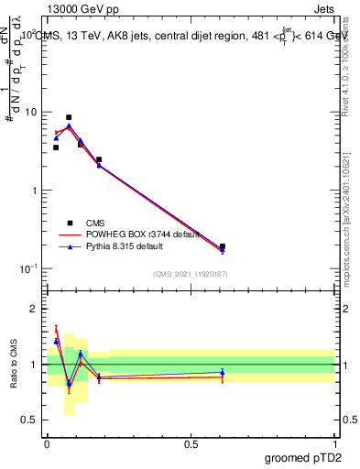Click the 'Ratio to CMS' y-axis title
(13, 365)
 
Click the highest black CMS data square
(69, 117)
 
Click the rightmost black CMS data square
(223, 246)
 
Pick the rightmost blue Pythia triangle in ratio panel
(223, 372)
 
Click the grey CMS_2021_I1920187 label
(191, 274)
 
